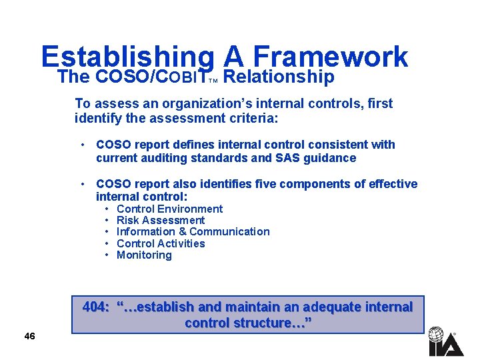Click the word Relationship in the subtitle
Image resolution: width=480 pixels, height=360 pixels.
pos(279,77)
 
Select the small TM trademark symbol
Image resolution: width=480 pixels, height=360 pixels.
pos(213,81)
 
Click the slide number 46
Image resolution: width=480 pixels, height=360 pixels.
pos(29,336)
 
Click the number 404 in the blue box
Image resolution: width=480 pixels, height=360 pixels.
pos(95,307)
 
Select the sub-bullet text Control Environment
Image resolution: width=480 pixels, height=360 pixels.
pos(169,209)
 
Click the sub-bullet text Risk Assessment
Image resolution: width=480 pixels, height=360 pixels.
pos(160,220)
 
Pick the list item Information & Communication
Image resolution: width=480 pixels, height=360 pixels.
pos(193,231)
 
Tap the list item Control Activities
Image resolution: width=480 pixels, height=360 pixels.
pos(161,243)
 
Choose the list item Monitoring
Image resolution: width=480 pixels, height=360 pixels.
pos(144,255)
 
